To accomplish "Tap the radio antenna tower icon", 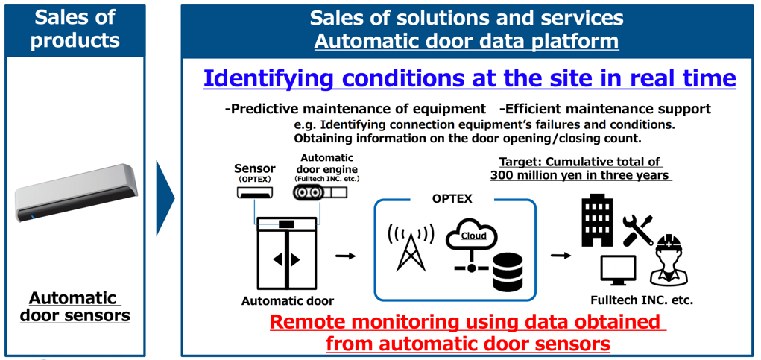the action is (411, 247).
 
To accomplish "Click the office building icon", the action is (596, 223).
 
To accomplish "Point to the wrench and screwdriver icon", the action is (638, 230).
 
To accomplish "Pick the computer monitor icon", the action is (619, 270).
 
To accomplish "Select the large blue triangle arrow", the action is (165, 198).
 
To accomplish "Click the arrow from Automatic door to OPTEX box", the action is (346, 256).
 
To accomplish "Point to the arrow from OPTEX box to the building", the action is (561, 256).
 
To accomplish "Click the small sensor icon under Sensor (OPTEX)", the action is (255, 193).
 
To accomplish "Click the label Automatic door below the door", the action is (288, 301).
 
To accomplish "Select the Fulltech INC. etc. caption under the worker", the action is (642, 300).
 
